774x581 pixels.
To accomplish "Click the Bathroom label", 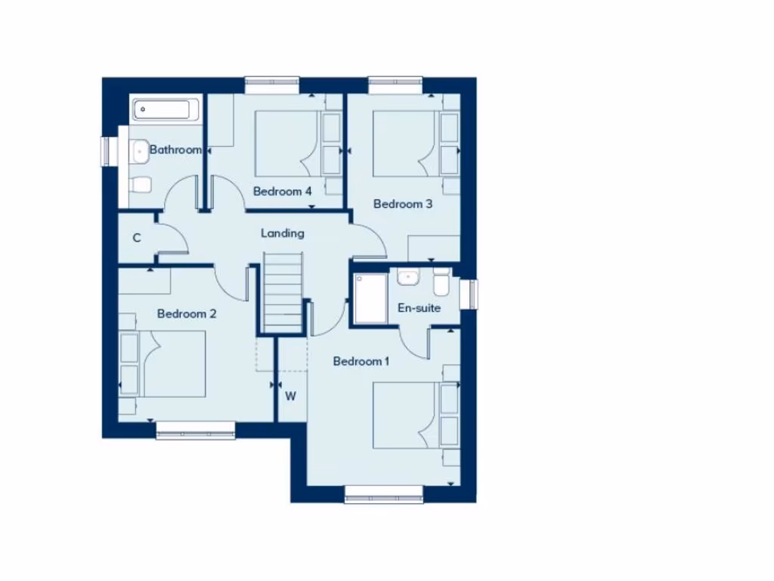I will (x=175, y=150).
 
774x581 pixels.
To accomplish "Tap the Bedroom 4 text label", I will (x=283, y=191).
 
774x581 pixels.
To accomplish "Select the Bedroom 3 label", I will (x=403, y=204).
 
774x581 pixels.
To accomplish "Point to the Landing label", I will (x=283, y=233).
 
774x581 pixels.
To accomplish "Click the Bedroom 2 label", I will (x=187, y=313).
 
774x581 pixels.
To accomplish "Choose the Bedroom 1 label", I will (x=361, y=362).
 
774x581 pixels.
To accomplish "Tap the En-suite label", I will (x=419, y=308).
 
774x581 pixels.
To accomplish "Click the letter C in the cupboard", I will (x=137, y=238).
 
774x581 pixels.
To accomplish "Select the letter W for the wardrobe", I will (x=290, y=396).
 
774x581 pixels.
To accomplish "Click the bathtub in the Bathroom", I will (x=166, y=110).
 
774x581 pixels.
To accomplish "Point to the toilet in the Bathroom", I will (x=141, y=184).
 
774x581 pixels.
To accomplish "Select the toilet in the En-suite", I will (x=441, y=283).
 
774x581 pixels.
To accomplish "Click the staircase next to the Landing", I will (x=283, y=291).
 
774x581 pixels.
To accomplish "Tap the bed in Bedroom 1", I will (x=407, y=415).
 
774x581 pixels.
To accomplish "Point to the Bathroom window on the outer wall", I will (x=107, y=149).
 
